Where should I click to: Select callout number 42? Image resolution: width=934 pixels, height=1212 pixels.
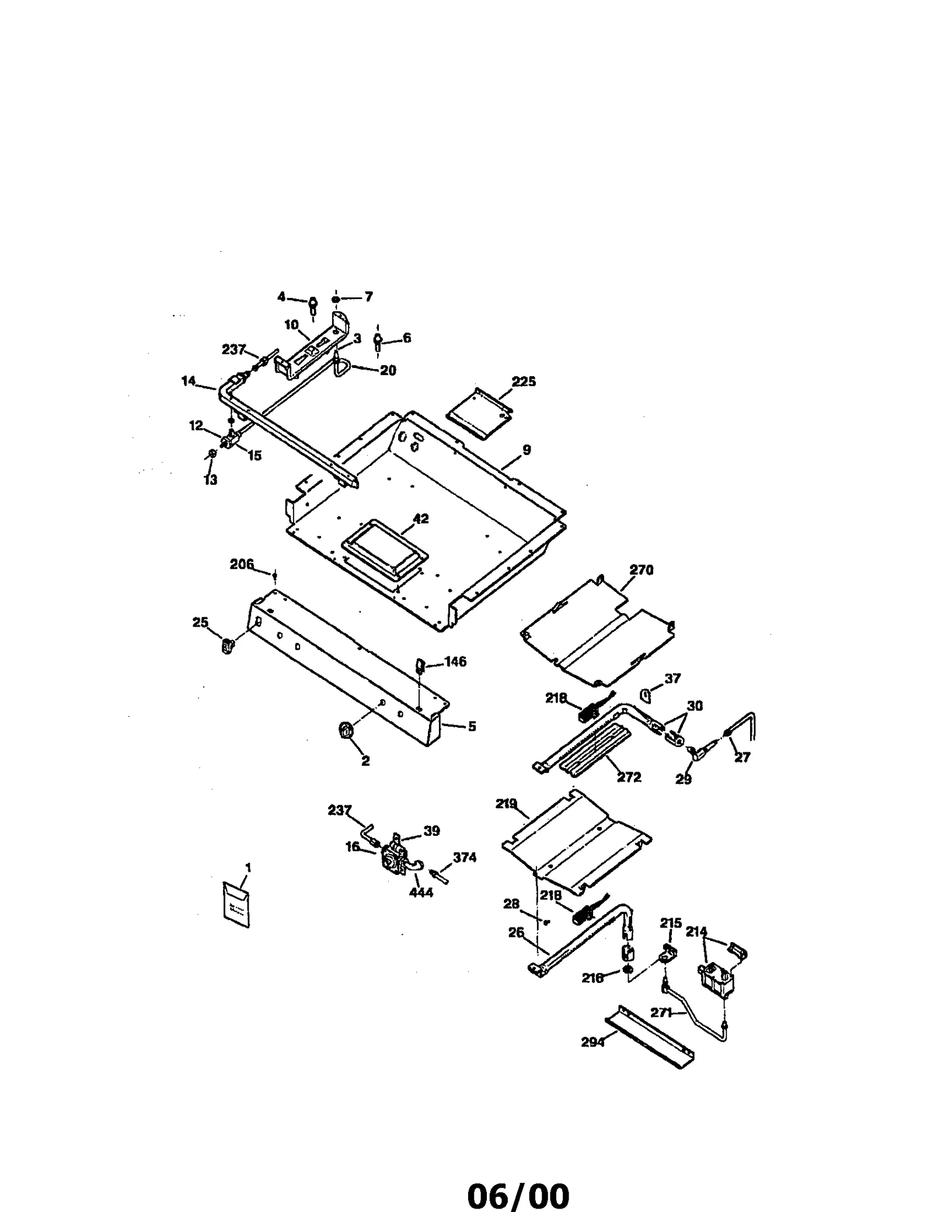[x=420, y=519]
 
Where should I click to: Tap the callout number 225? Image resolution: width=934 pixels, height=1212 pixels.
[x=524, y=381]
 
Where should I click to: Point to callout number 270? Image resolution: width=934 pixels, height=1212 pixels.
[x=642, y=569]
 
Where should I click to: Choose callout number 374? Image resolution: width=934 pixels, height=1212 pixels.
[x=465, y=857]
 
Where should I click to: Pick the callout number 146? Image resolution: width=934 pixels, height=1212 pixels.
[x=455, y=662]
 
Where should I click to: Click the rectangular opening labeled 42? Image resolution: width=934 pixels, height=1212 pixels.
[x=385, y=547]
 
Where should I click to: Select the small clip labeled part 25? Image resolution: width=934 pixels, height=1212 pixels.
[x=228, y=645]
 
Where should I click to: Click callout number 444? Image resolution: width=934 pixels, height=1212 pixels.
[x=421, y=892]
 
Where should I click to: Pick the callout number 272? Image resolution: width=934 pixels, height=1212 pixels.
[x=629, y=777]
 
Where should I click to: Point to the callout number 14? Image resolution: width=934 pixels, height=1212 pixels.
[x=189, y=381]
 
